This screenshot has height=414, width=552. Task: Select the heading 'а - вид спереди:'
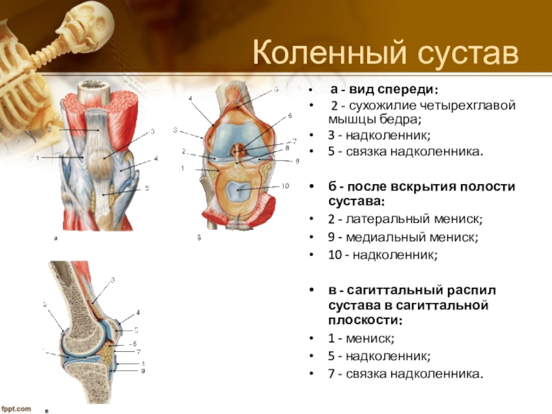[384, 90]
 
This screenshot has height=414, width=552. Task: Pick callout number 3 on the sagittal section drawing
[113, 280]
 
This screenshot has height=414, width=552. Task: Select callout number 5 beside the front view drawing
[147, 188]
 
